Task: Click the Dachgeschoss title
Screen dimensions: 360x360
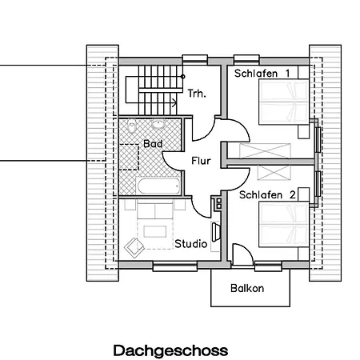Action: (170, 351)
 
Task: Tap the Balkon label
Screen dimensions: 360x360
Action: (247, 288)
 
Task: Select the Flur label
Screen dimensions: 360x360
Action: (201, 161)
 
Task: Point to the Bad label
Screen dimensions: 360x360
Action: (153, 144)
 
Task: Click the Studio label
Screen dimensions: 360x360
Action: (191, 244)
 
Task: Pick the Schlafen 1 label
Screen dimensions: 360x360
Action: (262, 74)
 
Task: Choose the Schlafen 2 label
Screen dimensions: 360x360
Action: (267, 195)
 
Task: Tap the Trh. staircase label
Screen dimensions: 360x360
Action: (197, 94)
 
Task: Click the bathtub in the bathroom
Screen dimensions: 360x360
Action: (158, 186)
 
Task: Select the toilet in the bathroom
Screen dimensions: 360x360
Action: (131, 126)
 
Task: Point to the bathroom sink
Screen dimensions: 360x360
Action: (158, 124)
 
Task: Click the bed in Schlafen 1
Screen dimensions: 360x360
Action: (284, 102)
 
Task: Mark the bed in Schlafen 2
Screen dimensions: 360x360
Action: (284, 224)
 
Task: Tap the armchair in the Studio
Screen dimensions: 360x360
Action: (134, 247)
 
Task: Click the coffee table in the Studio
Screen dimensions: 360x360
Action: (155, 231)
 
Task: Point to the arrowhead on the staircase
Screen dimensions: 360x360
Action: (174, 102)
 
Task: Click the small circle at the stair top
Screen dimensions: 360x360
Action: (183, 77)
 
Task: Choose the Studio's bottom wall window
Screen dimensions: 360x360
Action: (175, 266)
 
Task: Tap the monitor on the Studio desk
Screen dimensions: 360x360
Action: (216, 232)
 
